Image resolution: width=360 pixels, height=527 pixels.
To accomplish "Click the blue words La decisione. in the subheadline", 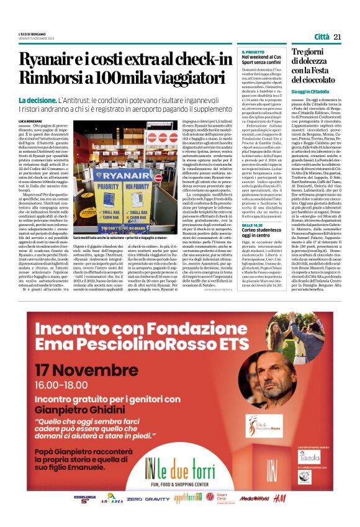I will coord(38,100).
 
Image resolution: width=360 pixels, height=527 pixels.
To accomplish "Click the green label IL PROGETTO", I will coord(253,52).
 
